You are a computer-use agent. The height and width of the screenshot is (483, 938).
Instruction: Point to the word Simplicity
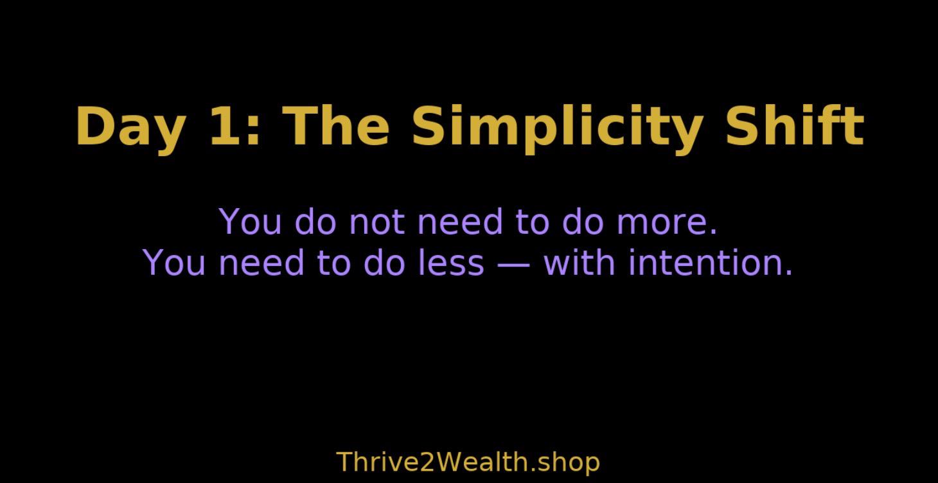coord(556,127)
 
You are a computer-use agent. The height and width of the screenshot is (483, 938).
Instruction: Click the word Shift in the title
coord(794,126)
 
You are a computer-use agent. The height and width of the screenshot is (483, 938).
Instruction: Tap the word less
coord(450,263)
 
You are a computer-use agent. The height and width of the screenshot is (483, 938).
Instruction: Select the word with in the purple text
coord(580,262)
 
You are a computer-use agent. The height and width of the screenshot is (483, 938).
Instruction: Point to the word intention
coord(710,262)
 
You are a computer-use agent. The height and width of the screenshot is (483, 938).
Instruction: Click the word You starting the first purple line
coord(251,222)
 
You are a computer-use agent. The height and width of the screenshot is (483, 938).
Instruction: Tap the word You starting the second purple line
coord(175,263)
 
